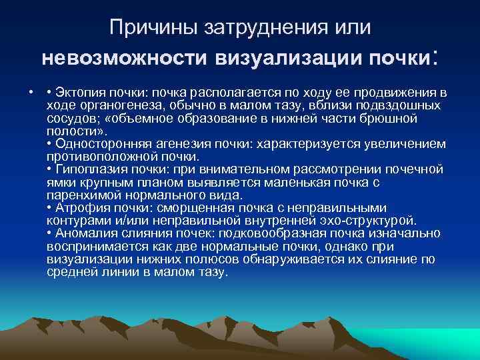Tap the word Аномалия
point(85,234)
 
